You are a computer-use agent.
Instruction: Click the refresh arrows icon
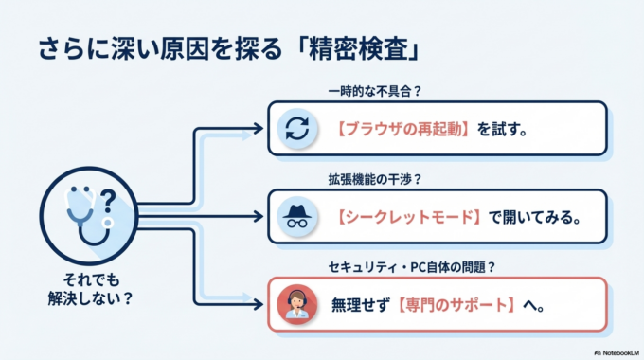coord(296,128)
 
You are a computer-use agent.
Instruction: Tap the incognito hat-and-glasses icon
coord(296,216)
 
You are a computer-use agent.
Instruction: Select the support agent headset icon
coord(296,305)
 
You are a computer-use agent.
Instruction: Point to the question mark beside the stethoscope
coord(108,200)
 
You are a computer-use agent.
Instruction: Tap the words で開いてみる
coord(535,216)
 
